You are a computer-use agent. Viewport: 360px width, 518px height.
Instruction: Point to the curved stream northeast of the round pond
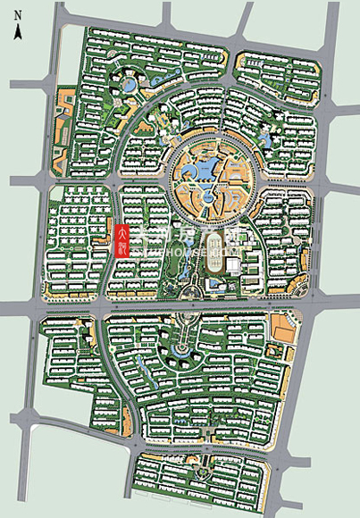pos(147,98)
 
